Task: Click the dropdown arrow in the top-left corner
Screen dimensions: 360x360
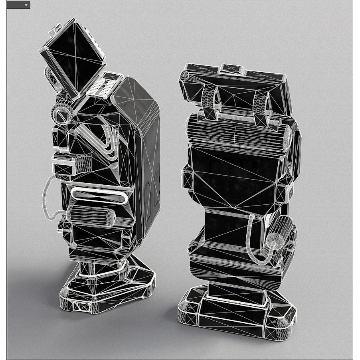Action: (x=26, y=5)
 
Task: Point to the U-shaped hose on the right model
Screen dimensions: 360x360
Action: (x=255, y=243)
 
